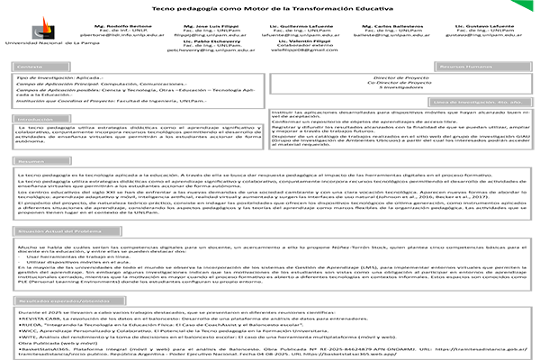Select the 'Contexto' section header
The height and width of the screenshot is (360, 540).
click(31, 67)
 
